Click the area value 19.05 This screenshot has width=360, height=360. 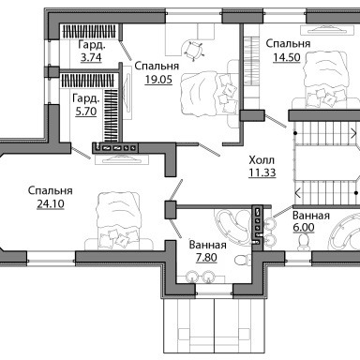pos(158,80)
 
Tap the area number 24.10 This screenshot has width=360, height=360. pos(51,203)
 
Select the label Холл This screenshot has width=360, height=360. pos(262,160)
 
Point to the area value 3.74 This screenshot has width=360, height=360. pos(91,58)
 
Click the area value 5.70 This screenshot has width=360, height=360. pos(86,112)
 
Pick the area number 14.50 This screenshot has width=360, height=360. pos(287,57)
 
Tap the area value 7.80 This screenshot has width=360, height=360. pos(206,258)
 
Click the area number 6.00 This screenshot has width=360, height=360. pos(304,227)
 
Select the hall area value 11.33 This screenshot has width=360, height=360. pos(262,172)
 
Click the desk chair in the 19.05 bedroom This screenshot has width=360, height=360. pos(193,50)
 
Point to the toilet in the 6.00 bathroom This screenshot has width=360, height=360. pos(303,242)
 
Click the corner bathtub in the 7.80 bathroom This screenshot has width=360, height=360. pos(232,224)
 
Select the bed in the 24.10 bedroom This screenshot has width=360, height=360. pos(119,221)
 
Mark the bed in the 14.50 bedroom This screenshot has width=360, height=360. pos(326,81)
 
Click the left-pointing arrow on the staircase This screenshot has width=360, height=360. pos(298,193)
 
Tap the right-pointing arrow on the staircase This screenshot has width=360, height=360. pos(353,133)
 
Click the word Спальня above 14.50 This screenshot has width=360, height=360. pos(288,44)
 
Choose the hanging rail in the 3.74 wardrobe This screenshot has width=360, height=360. pos(89,32)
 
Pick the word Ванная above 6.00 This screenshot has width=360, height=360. pos(311,216)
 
